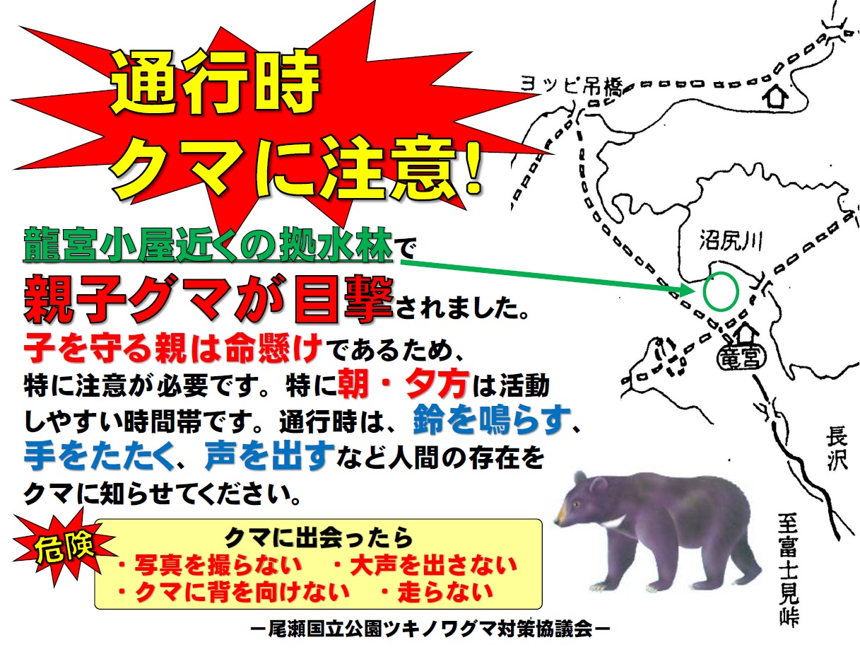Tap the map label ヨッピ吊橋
pyautogui.click(x=571, y=85)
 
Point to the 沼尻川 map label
pyautogui.click(x=731, y=240)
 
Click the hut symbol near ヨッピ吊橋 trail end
pyautogui.click(x=774, y=97)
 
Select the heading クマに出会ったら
pyautogui.click(x=318, y=538)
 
